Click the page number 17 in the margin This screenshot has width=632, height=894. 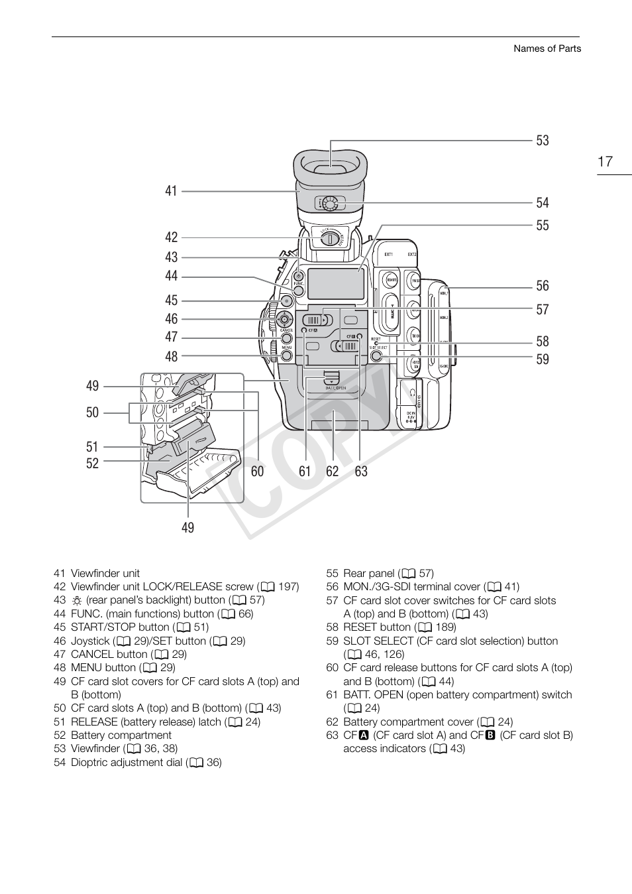pos(605,161)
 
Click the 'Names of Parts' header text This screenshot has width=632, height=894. pos(547,48)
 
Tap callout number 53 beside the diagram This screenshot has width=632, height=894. pos(543,141)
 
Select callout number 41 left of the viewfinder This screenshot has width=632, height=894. pos(171,191)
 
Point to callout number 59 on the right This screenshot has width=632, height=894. pos(543,359)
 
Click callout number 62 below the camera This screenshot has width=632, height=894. pos(332,472)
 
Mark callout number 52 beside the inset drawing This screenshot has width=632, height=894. pos(92,463)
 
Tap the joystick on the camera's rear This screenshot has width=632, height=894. pos(285,318)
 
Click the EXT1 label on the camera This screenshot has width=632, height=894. pos(388,255)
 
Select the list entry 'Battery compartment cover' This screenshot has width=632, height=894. pos(408,722)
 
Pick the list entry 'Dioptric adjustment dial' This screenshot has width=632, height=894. pos(126,762)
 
